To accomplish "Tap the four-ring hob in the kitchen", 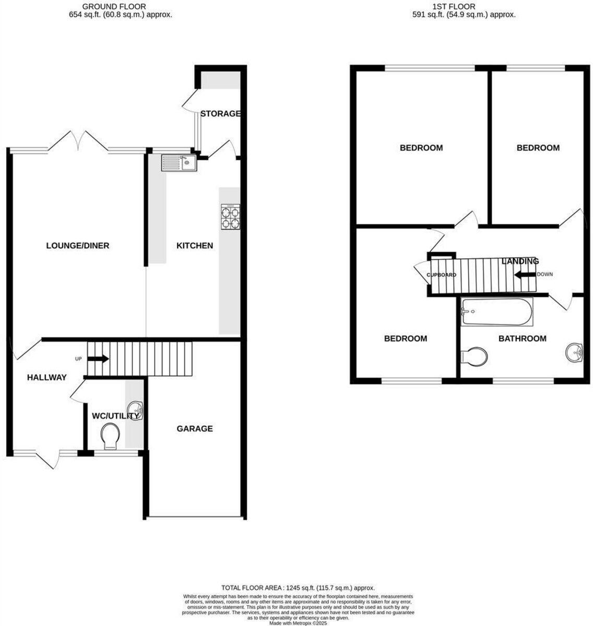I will [231, 216].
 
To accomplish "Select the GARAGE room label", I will [195, 429].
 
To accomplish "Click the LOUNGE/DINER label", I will [78, 246].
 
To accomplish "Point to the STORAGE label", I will [220, 114].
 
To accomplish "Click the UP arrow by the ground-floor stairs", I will [98, 359].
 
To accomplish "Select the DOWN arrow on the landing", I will [525, 274].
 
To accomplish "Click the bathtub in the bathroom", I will [496, 312].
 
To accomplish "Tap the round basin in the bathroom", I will [574, 352].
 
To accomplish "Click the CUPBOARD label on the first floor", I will [442, 275].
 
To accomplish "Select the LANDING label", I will [520, 261].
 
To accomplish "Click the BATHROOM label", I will [522, 339].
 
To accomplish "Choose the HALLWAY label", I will [47, 378].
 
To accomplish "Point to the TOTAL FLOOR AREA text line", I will [298, 587].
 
